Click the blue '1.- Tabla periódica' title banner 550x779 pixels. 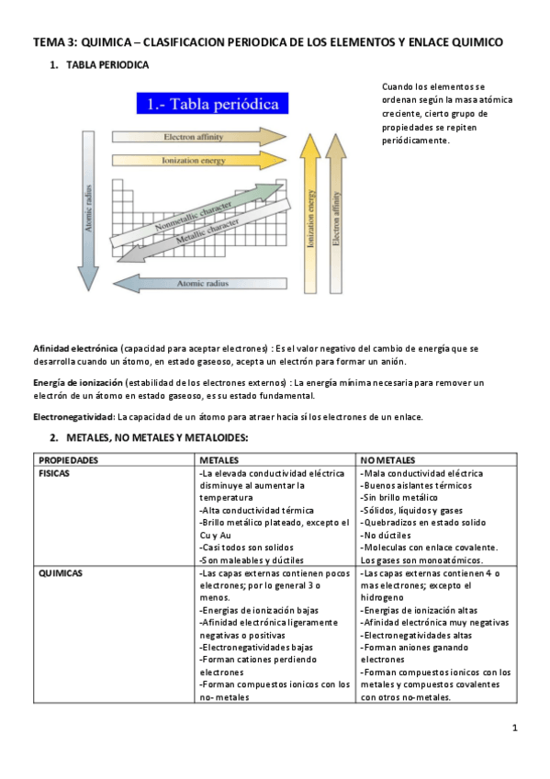click(x=212, y=105)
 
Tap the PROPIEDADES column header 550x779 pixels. click(x=64, y=459)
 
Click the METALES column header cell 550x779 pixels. click(x=220, y=459)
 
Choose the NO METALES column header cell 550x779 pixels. click(x=388, y=459)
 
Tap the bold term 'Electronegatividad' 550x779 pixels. click(x=72, y=417)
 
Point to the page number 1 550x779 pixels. click(x=515, y=729)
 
